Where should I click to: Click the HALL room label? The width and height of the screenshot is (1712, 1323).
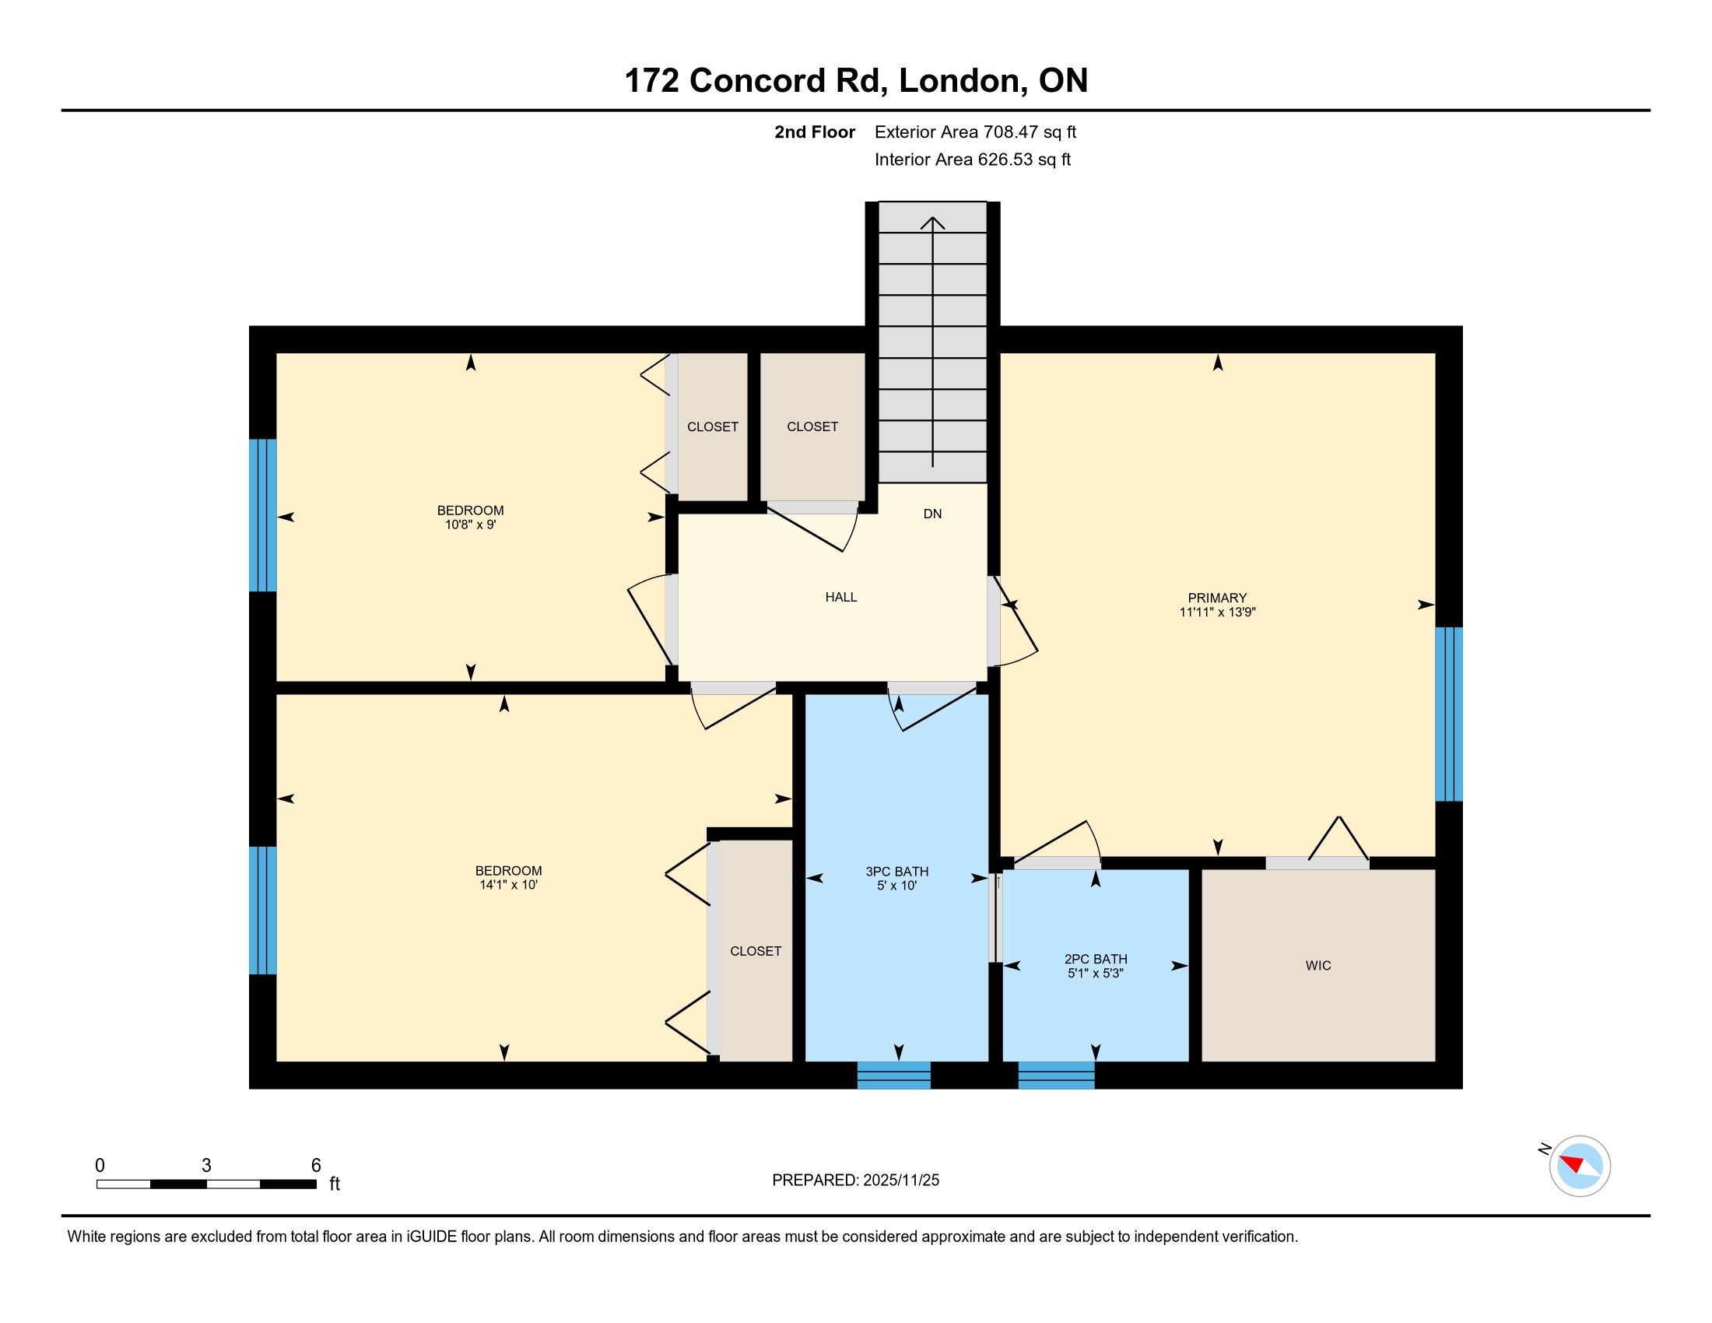841,597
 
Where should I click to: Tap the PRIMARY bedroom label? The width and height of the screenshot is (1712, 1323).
1216,598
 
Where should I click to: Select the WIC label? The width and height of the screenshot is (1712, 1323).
1317,966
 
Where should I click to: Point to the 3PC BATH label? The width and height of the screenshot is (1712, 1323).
896,872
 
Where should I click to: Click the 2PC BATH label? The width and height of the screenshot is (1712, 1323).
1096,960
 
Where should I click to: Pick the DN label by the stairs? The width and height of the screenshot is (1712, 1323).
932,514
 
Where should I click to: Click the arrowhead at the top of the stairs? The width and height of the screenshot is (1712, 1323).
933,223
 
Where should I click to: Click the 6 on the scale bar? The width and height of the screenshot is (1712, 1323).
316,1166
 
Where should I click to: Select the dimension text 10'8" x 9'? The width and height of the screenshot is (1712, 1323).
470,525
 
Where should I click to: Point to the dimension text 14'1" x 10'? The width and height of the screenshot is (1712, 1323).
508,885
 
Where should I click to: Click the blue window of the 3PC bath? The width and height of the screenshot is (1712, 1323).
893,1076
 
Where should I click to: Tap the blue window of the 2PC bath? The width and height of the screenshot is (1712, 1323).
1056,1076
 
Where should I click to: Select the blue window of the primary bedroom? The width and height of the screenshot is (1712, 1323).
1449,714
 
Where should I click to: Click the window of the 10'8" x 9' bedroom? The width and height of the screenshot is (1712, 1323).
262,515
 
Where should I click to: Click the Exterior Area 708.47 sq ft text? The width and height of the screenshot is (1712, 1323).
975,132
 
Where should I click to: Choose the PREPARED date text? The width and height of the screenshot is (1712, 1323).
855,1181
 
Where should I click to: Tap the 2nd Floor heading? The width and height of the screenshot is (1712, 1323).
815,132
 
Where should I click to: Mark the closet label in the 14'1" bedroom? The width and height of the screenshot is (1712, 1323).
756,952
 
